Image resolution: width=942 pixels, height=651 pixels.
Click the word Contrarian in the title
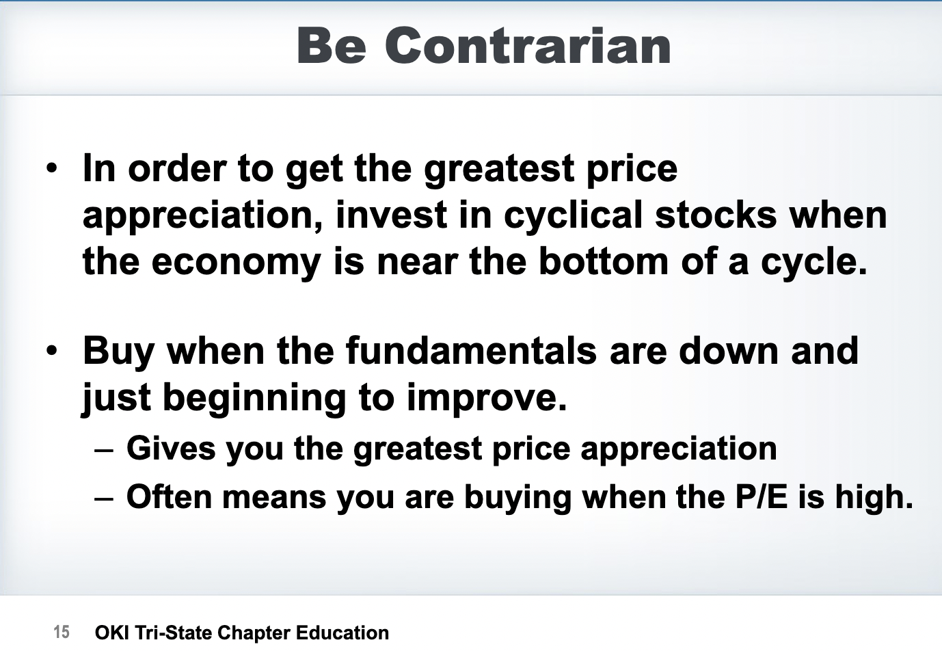click(x=528, y=45)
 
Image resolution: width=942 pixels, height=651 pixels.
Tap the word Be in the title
click(x=332, y=45)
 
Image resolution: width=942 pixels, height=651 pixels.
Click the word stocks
click(x=716, y=215)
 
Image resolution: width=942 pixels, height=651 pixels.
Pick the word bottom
click(x=604, y=261)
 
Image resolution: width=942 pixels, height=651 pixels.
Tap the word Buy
click(x=118, y=353)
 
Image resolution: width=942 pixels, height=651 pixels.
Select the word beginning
click(x=254, y=399)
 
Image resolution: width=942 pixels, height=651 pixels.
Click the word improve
click(x=487, y=399)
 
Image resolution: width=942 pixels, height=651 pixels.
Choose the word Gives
click(x=171, y=449)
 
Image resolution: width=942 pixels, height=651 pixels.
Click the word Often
click(x=169, y=496)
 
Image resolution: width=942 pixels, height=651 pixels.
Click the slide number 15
click(x=62, y=632)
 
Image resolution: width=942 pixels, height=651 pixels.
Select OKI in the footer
click(x=112, y=633)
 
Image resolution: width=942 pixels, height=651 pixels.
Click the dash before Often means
click(x=104, y=499)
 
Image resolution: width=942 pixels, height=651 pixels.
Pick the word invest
click(x=391, y=215)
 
